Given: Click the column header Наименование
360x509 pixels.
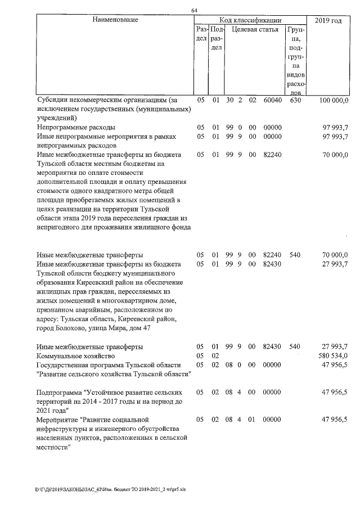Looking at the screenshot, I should coord(115,20).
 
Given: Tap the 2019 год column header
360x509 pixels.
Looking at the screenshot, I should coord(328,20).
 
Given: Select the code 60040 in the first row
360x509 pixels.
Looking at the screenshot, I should coord(272,100).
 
